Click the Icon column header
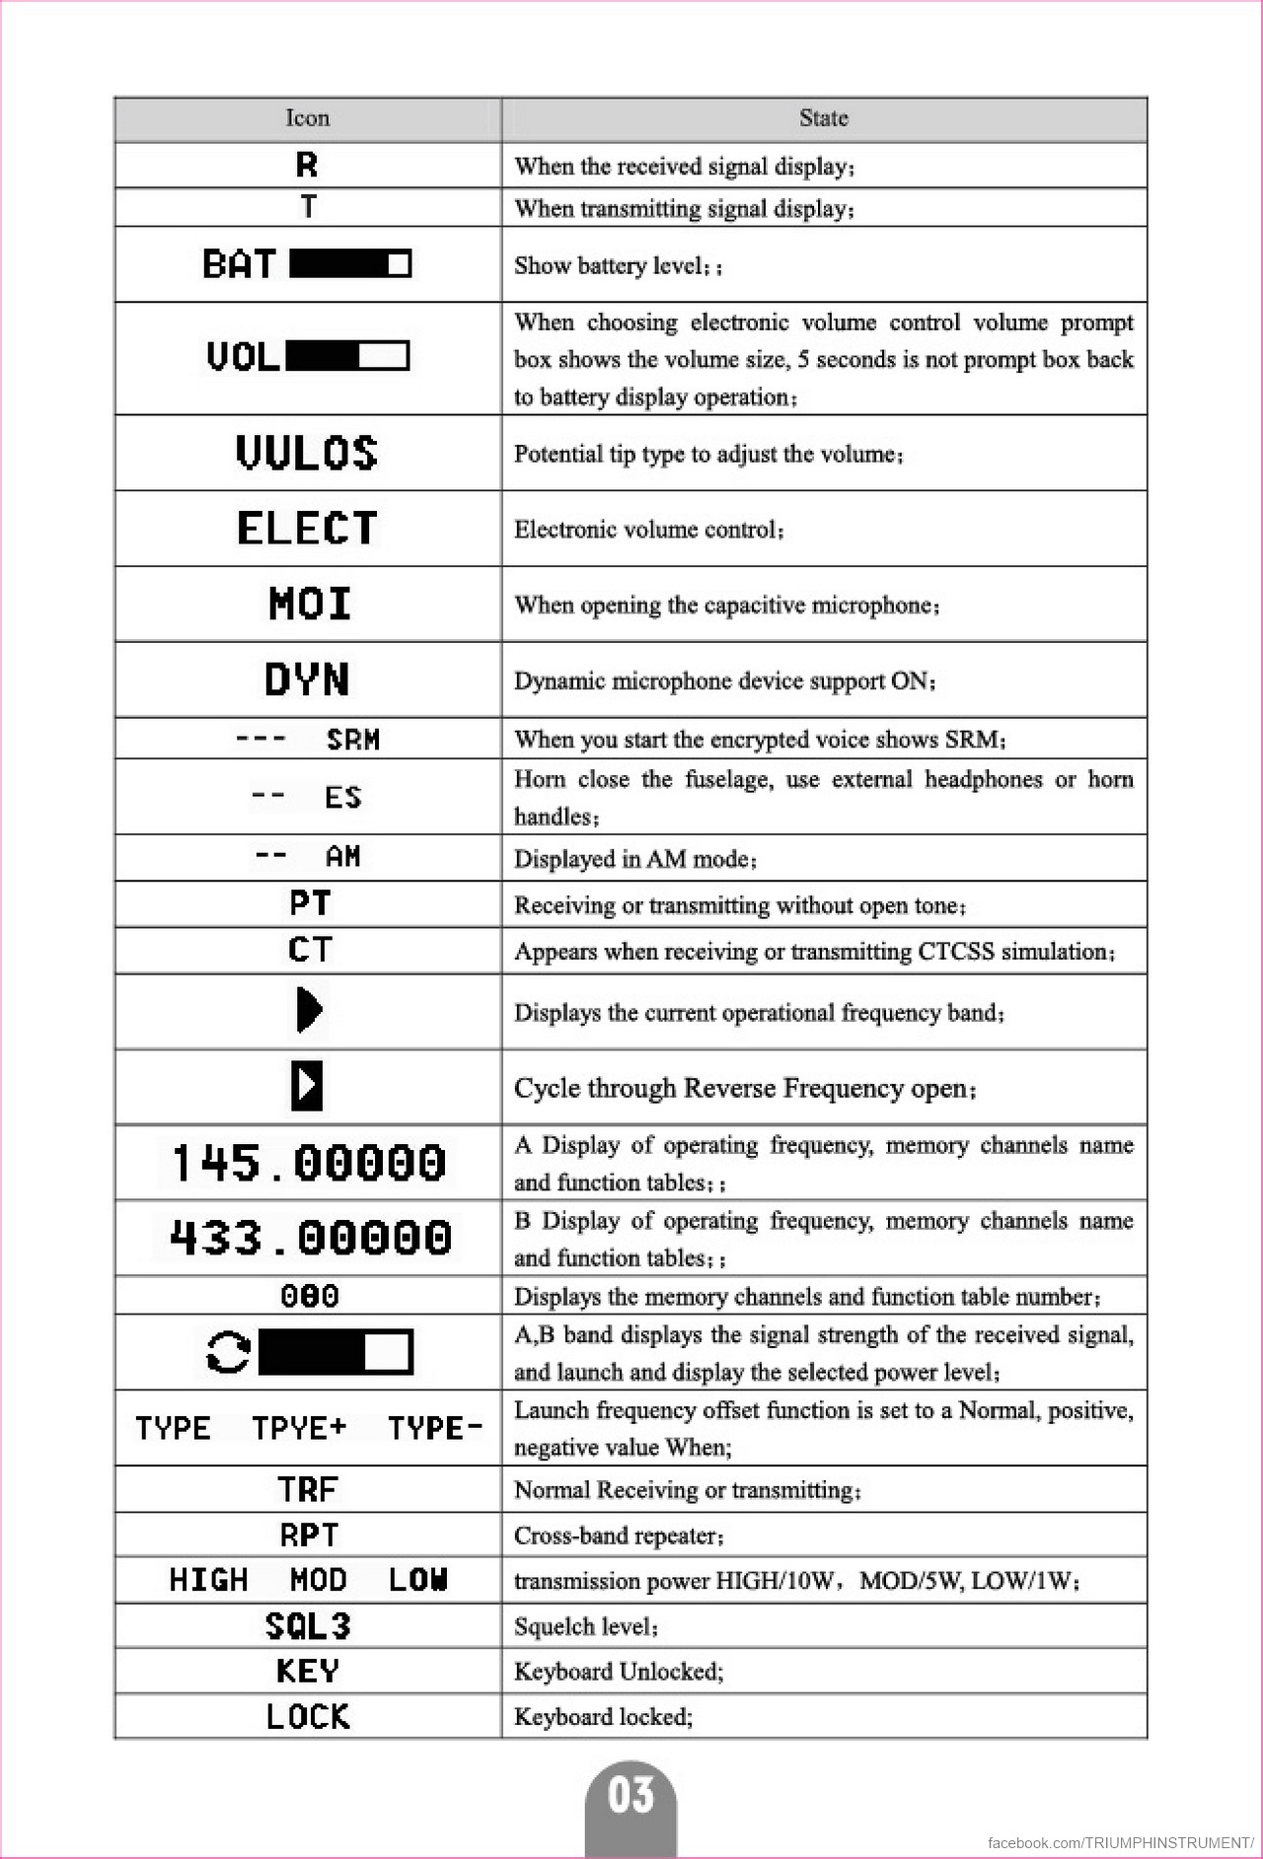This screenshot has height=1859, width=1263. pos(307,118)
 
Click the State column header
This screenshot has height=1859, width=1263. pos(823,118)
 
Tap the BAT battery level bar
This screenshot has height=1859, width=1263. pos(350,263)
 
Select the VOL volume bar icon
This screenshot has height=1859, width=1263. pos(346,355)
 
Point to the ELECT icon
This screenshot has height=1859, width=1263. pos(307,529)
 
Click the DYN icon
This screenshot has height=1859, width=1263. pos(307,679)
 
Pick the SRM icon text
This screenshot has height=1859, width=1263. pos(352,740)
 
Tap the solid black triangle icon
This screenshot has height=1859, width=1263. pos(309,1010)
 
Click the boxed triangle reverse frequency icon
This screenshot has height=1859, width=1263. pos(307,1086)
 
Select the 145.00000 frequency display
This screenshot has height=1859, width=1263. pos(308,1163)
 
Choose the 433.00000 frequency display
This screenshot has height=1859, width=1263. pos(310,1238)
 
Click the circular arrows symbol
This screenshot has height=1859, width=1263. pos(228,1352)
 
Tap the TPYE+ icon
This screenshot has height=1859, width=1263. pos(299,1428)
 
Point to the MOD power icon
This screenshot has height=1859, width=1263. pos(318,1580)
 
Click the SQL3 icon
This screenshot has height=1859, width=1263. pos(308,1625)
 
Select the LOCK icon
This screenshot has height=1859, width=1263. pos(308,1717)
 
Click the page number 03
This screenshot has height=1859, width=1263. pos(631,1795)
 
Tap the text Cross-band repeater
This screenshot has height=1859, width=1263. pos(619,1536)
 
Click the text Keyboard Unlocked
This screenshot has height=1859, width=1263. pos(619,1672)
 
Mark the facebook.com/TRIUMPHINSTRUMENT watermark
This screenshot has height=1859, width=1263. pos(1120,1842)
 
